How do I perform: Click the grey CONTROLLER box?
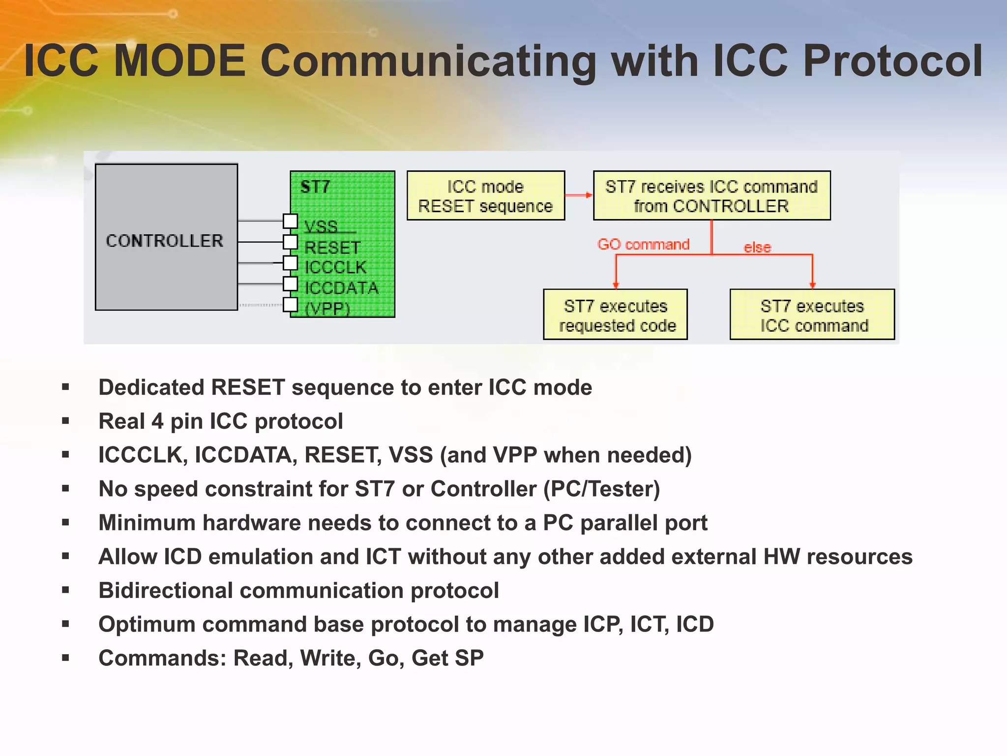[166, 237]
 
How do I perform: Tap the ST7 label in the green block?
[315, 187]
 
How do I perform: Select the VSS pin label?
[321, 226]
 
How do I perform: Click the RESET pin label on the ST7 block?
[332, 247]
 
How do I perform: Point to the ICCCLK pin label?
[335, 267]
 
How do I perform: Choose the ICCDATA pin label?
[341, 288]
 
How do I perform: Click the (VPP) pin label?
[327, 309]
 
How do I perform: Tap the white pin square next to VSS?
[291, 221]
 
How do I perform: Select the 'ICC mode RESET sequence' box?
[485, 196]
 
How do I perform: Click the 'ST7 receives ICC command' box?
[711, 196]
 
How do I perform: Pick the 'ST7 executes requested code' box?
[615, 315]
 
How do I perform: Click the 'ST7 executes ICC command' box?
[812, 315]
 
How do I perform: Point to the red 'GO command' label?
[643, 244]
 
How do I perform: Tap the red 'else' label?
[757, 247]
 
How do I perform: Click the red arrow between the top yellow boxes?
[579, 195]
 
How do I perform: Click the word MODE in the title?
[179, 62]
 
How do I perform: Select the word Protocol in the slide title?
[892, 62]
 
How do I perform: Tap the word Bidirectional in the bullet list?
[165, 590]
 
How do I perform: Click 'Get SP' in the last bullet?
[447, 658]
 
